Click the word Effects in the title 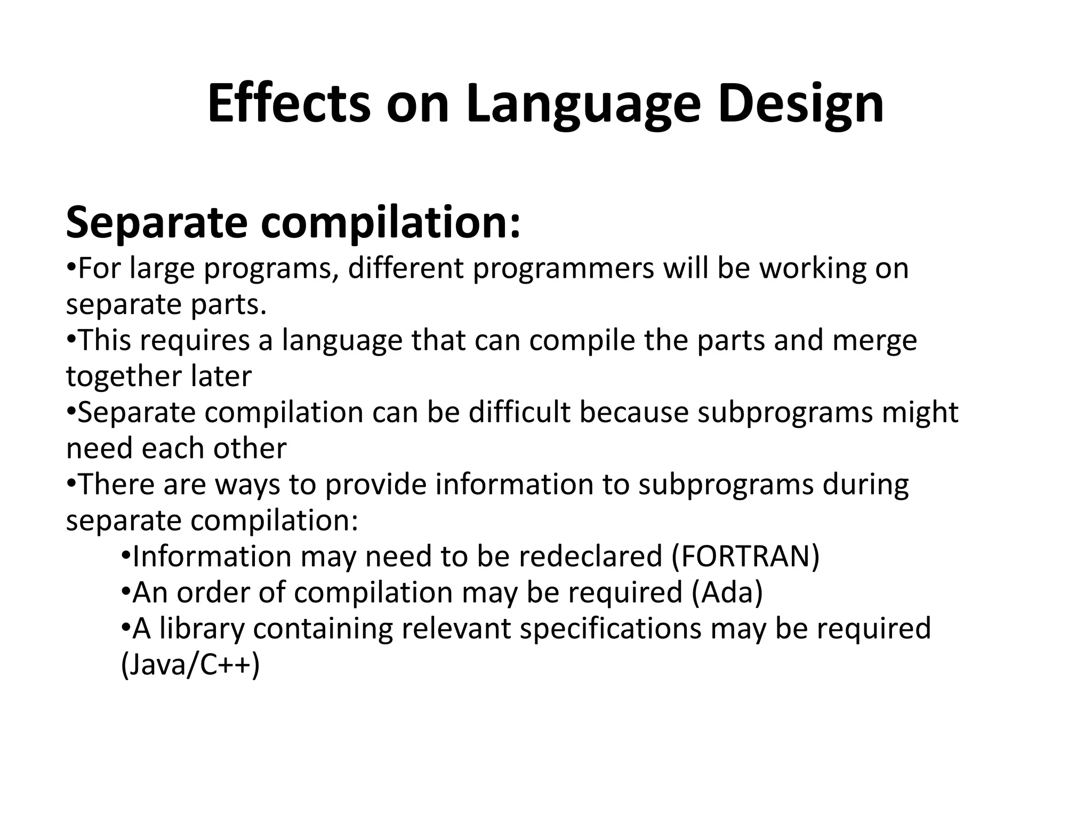point(288,104)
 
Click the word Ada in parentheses point(727,592)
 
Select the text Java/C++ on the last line point(190,665)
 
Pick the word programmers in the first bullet point(563,268)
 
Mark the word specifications point(610,629)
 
